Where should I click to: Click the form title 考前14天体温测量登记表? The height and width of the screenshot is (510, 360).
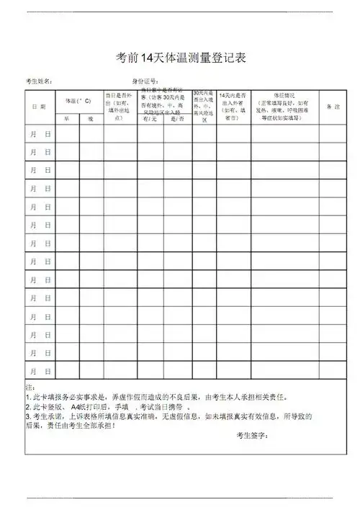pos(181,58)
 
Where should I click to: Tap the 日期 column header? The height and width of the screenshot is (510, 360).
pos(39,107)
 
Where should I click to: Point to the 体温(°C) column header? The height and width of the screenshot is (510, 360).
pos(78,100)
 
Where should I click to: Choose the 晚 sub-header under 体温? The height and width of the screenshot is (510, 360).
pos(91,118)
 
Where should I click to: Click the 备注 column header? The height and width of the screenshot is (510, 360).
pos(333,107)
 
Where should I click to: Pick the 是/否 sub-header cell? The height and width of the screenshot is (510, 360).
pos(177,118)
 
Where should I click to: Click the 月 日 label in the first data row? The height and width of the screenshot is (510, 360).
pos(40,134)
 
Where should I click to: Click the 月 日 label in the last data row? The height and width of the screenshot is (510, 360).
pos(40,372)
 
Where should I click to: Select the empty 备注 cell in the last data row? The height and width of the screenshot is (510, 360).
pos(333,372)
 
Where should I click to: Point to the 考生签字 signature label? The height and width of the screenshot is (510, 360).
pos(252,435)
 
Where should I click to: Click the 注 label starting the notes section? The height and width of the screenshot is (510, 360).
pos(29,387)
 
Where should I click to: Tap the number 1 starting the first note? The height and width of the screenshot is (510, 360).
pos(27,397)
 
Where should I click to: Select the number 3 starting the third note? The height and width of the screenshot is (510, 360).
pos(27,416)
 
